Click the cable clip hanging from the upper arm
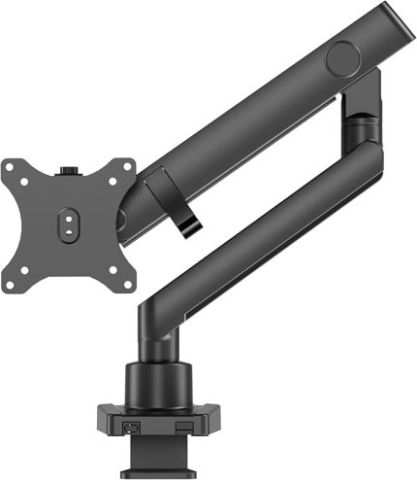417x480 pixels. tap(174, 199)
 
